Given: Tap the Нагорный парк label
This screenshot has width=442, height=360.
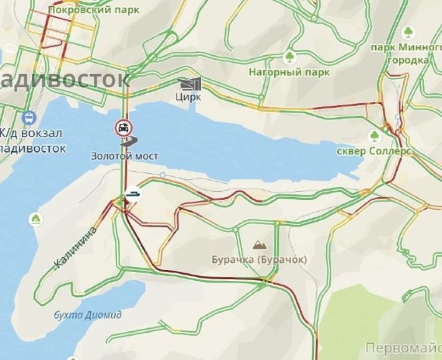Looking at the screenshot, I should pyautogui.click(x=290, y=72).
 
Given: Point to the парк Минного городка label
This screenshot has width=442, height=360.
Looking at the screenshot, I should pyautogui.click(x=406, y=54).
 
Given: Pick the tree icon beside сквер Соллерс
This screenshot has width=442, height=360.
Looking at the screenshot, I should pyautogui.click(x=374, y=136).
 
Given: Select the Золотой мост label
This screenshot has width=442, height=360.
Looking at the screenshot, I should pyautogui.click(x=124, y=156).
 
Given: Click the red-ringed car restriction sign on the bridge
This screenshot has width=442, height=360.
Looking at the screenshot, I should pyautogui.click(x=123, y=128).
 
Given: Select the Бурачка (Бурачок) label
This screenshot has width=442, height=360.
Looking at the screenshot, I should pyautogui.click(x=258, y=260).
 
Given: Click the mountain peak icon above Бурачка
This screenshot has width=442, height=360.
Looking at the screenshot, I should pyautogui.click(x=259, y=245).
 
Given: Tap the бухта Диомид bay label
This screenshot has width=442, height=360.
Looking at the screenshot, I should pyautogui.click(x=86, y=315).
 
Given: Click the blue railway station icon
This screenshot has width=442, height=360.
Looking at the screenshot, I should pyautogui.click(x=28, y=117).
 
